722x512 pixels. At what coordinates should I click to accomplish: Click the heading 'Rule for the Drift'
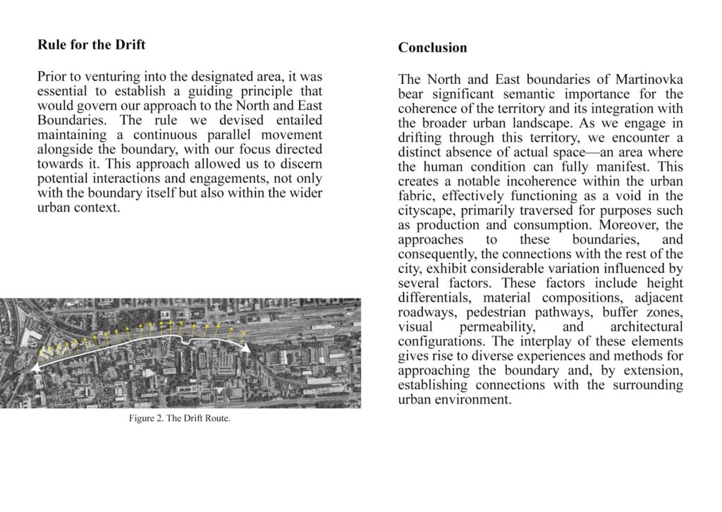tap(91, 45)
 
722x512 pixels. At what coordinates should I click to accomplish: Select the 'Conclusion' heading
tap(432, 48)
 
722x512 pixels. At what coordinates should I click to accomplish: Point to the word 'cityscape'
tap(427, 211)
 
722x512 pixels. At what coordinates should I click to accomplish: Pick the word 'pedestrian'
tap(522, 312)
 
